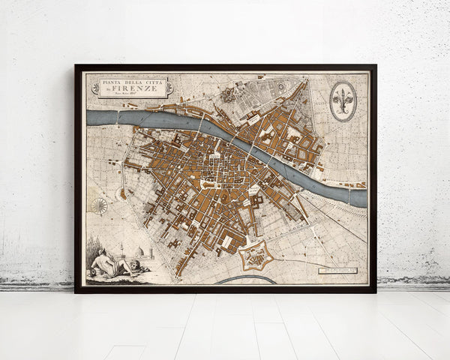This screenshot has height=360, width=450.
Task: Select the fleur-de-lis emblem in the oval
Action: click(x=343, y=100)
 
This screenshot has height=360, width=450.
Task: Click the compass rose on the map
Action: click(x=100, y=205)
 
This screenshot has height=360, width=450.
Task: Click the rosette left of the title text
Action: click(x=94, y=87)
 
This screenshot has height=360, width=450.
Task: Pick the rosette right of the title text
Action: click(x=169, y=87)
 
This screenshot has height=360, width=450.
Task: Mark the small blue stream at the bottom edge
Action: click(x=248, y=279)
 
